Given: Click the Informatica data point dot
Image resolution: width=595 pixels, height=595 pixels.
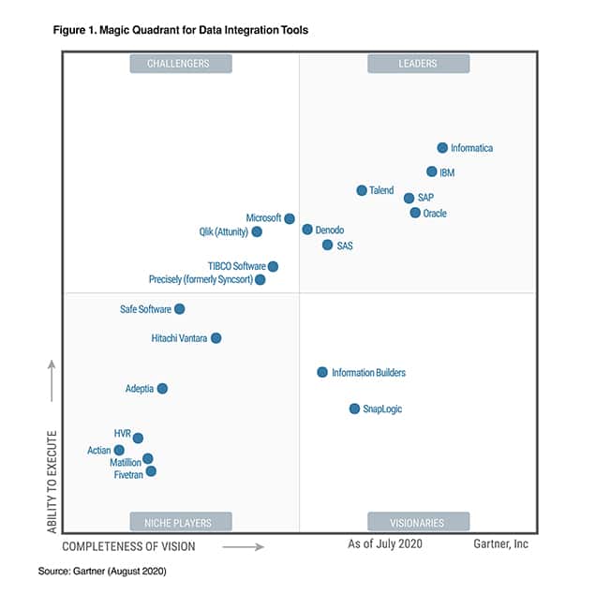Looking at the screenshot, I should click(x=442, y=148).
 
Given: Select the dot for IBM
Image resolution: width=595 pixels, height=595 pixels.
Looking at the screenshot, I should click(x=432, y=171).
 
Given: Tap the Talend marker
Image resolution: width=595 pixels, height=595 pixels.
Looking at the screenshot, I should click(x=362, y=190).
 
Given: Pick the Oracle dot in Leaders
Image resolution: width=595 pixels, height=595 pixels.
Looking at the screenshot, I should click(x=415, y=213).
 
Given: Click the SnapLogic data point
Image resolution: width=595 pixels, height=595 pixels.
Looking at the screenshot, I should click(x=354, y=409).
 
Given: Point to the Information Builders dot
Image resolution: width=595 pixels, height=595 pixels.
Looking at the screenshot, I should click(x=322, y=372).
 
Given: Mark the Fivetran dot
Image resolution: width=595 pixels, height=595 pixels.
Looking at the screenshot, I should click(x=151, y=471).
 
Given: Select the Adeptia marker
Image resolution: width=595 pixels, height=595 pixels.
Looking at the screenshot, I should click(x=162, y=388).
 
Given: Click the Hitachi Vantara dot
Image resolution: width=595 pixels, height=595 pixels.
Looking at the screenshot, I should click(x=216, y=337).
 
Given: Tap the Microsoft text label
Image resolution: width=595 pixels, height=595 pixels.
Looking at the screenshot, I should click(x=263, y=218).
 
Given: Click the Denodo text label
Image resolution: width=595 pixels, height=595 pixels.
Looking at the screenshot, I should click(x=330, y=230).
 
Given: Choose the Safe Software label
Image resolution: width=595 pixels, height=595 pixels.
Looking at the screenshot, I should click(x=145, y=309).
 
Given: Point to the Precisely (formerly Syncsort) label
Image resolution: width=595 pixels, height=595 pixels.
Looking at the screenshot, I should click(x=201, y=279).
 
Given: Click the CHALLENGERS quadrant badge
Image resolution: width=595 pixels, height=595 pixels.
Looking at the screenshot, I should click(x=178, y=64).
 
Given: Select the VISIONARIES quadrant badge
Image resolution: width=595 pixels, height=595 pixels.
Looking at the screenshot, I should click(x=418, y=522).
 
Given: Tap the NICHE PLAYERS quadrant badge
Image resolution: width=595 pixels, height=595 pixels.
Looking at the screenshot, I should click(x=178, y=522).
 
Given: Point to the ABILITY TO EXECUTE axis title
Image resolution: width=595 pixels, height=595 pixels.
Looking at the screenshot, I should click(x=52, y=482).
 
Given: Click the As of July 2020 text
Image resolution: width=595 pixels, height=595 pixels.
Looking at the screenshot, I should click(x=385, y=544).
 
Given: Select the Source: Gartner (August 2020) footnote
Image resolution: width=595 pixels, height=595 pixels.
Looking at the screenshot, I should click(x=102, y=570).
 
